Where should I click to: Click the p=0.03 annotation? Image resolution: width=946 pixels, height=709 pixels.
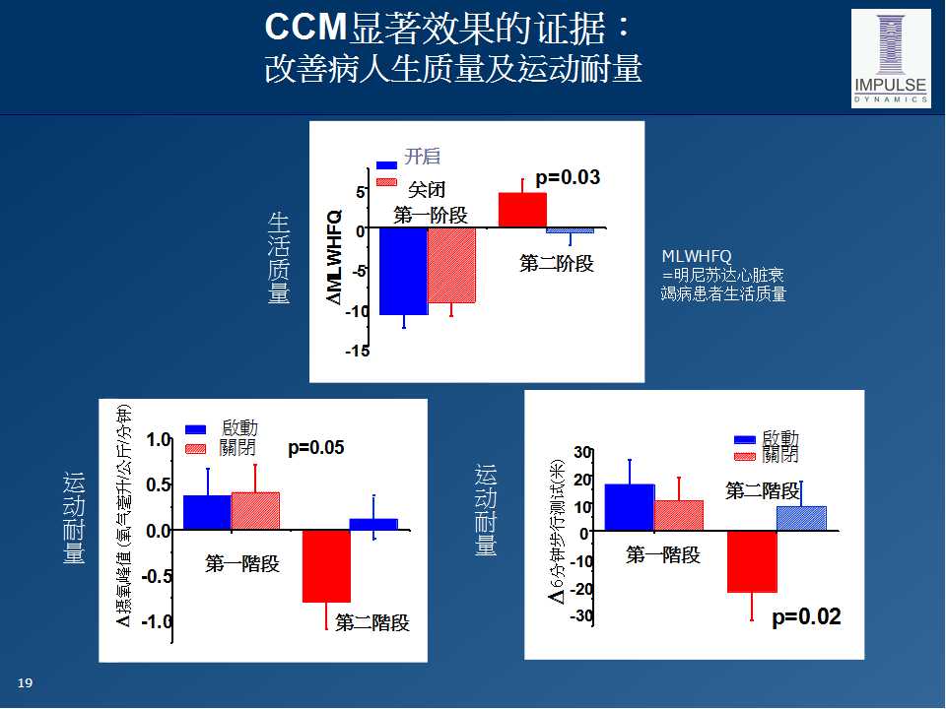567,178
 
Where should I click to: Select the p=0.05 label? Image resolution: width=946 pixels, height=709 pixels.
315,448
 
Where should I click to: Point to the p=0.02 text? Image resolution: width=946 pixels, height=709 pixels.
806,617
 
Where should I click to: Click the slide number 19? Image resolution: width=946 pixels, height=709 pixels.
26,683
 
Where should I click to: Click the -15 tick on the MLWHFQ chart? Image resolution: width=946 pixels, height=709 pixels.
357,352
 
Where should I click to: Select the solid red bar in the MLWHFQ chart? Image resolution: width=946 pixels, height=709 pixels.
522,210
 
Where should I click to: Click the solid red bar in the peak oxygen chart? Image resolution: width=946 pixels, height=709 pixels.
326,566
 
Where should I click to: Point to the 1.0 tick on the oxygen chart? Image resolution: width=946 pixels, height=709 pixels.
159,440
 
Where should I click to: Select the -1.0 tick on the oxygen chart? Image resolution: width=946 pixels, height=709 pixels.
157,622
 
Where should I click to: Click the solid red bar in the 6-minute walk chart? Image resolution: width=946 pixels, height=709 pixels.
752,561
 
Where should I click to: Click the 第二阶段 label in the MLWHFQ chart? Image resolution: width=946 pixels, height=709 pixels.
557,263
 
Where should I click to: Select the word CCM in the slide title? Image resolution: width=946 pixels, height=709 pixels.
302,29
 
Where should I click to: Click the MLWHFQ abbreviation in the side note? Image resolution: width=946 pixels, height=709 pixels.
697,257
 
